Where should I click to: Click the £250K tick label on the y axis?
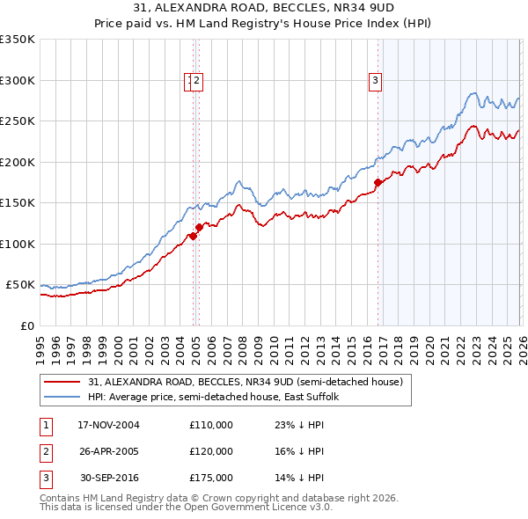point(18,121)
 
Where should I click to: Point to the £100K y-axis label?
point(18,244)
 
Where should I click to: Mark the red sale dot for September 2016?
point(378,183)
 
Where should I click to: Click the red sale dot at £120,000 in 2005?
point(199,228)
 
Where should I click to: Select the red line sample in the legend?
point(62,383)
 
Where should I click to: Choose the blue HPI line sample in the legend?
point(62,398)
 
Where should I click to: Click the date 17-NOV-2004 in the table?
point(108,425)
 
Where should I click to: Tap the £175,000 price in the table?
point(211,478)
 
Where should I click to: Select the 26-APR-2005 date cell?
point(108,451)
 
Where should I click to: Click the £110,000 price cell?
point(211,425)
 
